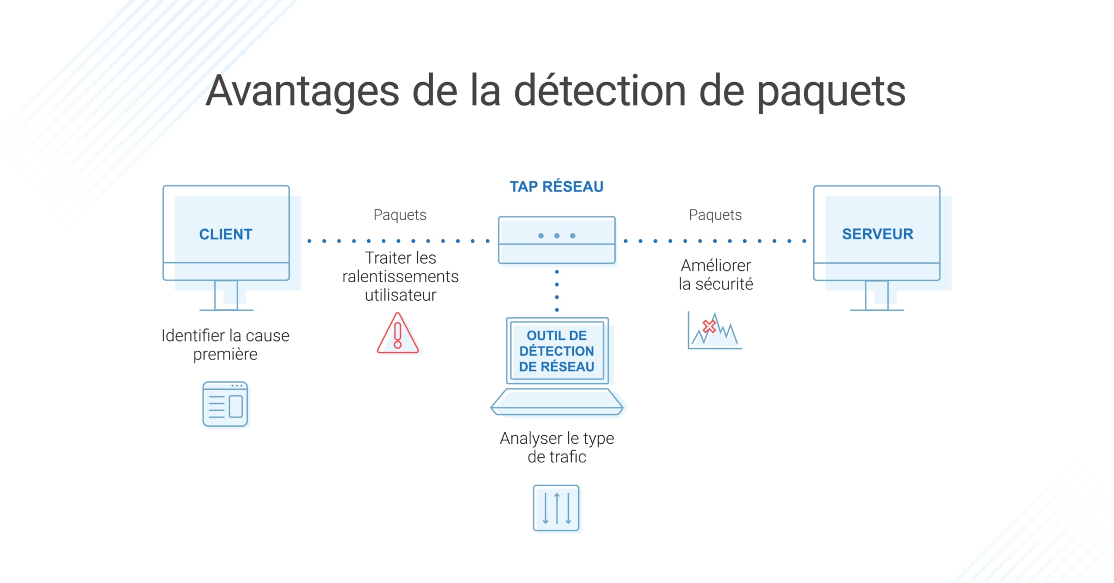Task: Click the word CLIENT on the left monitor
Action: [226, 234]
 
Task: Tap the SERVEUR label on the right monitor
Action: [877, 234]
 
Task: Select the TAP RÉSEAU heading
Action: [556, 187]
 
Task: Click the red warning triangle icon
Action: [398, 334]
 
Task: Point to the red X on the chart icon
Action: [709, 326]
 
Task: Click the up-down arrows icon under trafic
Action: [556, 508]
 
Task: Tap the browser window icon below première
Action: [225, 404]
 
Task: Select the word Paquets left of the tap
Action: [400, 215]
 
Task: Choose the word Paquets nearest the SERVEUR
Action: [715, 215]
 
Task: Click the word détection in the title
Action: [600, 91]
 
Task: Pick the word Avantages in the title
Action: [302, 91]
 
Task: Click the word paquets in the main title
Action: [831, 91]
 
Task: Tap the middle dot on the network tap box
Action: [556, 235]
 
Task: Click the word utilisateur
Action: [400, 295]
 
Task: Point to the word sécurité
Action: [724, 284]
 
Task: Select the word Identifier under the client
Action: [193, 336]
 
